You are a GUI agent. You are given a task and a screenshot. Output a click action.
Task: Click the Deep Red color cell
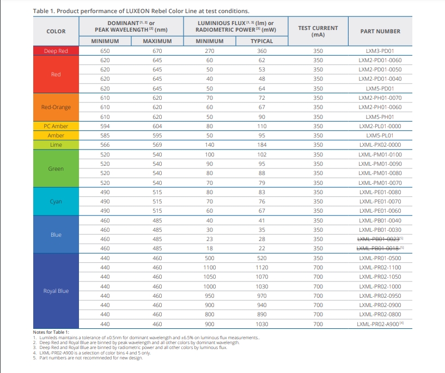(56, 51)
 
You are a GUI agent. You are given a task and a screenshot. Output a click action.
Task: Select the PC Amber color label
(56, 126)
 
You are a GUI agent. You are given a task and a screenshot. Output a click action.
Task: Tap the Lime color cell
(56, 145)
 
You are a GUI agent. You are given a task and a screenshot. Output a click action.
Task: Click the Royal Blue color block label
(56, 291)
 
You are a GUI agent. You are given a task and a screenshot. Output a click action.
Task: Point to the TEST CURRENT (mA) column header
(318, 31)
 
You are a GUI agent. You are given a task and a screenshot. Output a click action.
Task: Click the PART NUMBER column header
(380, 31)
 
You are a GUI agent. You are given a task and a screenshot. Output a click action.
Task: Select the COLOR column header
(56, 31)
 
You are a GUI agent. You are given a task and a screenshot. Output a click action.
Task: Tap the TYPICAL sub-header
(261, 41)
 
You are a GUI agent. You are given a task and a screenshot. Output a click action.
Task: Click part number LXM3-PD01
(380, 51)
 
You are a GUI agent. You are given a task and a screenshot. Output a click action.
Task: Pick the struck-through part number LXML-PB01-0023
(379, 239)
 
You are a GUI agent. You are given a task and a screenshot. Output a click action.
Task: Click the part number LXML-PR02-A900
(378, 324)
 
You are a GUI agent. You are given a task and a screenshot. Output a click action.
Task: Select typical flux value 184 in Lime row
(261, 145)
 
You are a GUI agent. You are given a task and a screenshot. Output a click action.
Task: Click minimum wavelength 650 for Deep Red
(105, 51)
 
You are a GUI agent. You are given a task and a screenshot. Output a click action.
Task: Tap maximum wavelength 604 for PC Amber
(157, 126)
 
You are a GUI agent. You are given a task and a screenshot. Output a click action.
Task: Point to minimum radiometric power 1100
(210, 268)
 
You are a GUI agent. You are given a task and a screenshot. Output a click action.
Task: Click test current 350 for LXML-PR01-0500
(318, 258)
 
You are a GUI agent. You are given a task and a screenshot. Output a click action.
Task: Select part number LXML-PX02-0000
(380, 145)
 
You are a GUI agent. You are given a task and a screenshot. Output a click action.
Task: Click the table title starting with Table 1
(141, 11)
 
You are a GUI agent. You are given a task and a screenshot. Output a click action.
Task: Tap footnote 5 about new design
(88, 358)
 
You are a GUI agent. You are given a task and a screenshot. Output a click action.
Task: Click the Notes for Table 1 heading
(51, 332)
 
